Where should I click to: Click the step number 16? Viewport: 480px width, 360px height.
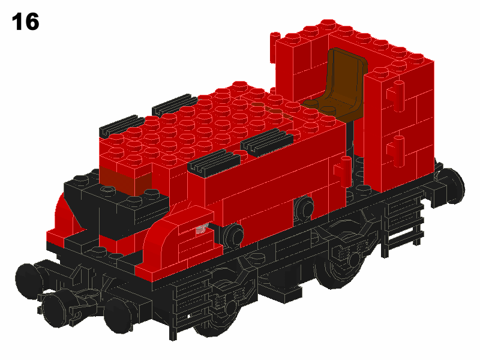(25, 22)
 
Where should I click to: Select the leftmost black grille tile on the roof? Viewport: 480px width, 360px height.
(122, 125)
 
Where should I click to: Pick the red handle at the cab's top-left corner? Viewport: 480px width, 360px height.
(275, 47)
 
